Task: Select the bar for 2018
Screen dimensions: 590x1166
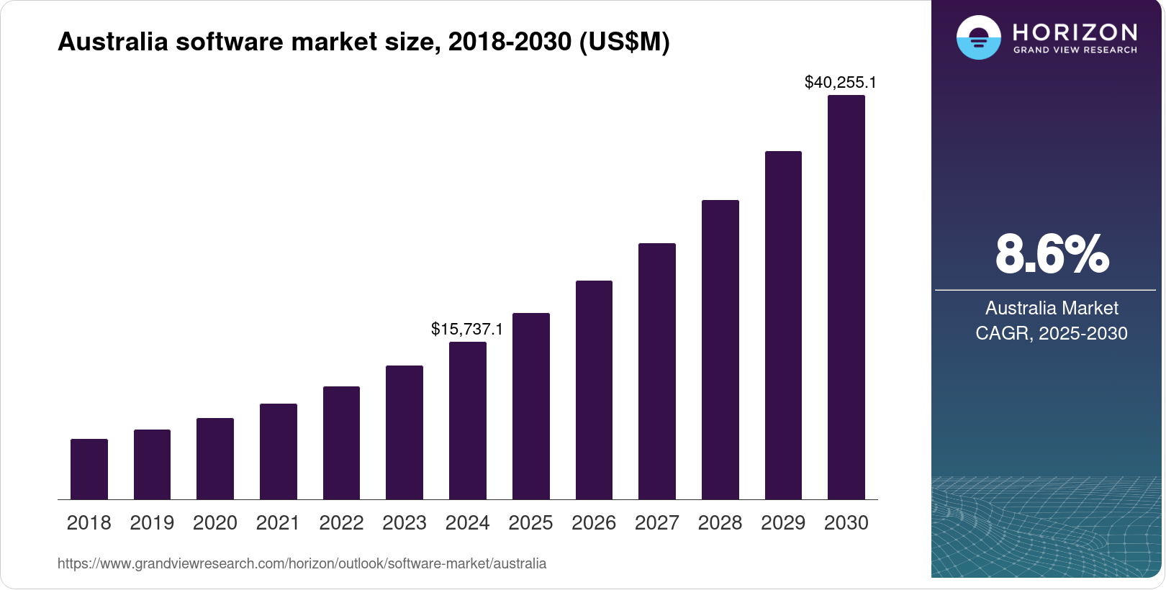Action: pyautogui.click(x=89, y=469)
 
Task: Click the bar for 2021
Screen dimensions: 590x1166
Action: pyautogui.click(x=279, y=452)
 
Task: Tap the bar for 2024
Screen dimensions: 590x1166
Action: pyautogui.click(x=468, y=421)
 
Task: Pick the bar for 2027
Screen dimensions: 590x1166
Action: pyautogui.click(x=657, y=371)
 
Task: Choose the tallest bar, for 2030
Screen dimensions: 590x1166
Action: pyautogui.click(x=846, y=297)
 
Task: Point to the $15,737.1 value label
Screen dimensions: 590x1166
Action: pyautogui.click(x=467, y=329)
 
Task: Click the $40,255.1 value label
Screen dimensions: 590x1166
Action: pyautogui.click(x=841, y=83)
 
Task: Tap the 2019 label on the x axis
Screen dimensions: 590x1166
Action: pyautogui.click(x=152, y=523)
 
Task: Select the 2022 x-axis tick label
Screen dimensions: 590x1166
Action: pyautogui.click(x=341, y=523)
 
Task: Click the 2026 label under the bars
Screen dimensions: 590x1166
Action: pyautogui.click(x=594, y=523)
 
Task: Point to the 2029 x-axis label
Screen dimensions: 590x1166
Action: pyautogui.click(x=783, y=523)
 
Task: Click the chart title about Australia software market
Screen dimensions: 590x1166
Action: pyautogui.click(x=363, y=42)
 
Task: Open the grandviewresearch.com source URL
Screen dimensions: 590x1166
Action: pyautogui.click(x=302, y=563)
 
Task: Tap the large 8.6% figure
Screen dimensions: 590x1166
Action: pyautogui.click(x=1052, y=254)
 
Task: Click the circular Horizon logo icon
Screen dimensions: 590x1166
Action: pyautogui.click(x=979, y=37)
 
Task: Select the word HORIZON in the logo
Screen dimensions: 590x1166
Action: pyautogui.click(x=1075, y=32)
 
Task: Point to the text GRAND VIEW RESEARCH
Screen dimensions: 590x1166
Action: pyautogui.click(x=1075, y=50)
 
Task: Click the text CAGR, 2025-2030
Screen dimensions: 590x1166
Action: pyautogui.click(x=1052, y=333)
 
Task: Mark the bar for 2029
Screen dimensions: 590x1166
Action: pyautogui.click(x=783, y=325)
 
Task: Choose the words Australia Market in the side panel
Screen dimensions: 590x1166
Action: pyautogui.click(x=1052, y=308)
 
